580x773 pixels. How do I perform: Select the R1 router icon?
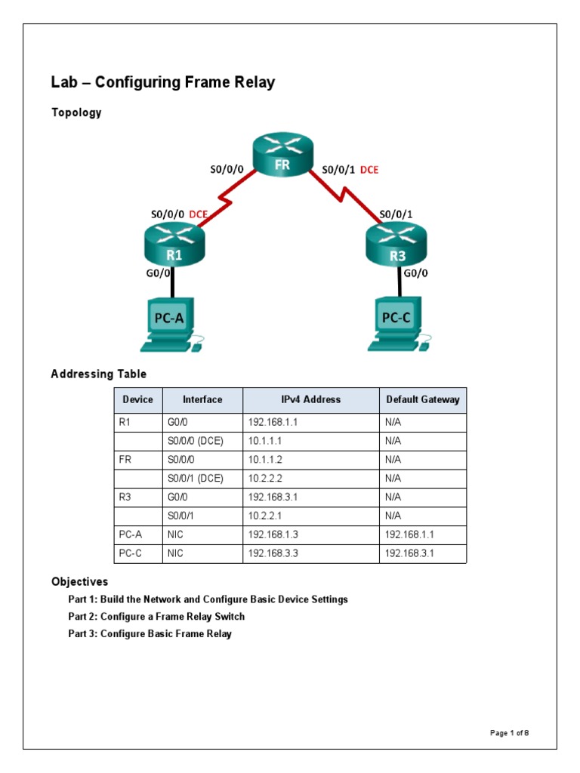click(x=174, y=245)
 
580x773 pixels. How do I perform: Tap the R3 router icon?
click(x=396, y=246)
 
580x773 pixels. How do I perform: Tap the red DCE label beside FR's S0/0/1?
click(x=369, y=170)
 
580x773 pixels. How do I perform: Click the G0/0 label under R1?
click(x=157, y=276)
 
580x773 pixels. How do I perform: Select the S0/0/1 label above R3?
click(x=396, y=214)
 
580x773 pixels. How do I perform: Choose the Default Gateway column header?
click(x=422, y=400)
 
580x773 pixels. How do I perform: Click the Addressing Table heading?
click(x=99, y=374)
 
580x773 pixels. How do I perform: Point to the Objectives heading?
click(x=79, y=582)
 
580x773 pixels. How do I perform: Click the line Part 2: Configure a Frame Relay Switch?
click(x=156, y=617)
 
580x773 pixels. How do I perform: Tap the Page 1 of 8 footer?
click(x=514, y=733)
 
